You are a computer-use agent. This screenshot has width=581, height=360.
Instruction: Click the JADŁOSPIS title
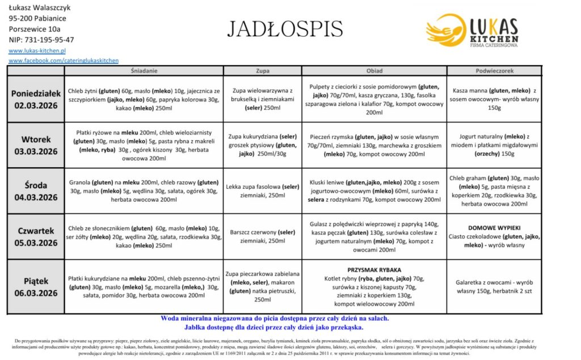285,28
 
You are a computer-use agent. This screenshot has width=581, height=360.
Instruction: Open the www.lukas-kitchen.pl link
37,50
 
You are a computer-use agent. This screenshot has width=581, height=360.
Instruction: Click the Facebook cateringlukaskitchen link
64,60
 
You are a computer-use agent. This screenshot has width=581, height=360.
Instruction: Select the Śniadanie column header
144,71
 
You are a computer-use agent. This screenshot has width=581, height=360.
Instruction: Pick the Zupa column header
263,71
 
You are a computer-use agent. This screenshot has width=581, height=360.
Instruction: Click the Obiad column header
374,71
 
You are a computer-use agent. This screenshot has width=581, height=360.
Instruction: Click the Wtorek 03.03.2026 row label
36,145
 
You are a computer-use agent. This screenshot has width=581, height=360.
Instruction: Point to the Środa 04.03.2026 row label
36,191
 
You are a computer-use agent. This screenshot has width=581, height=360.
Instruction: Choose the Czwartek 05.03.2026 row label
36,236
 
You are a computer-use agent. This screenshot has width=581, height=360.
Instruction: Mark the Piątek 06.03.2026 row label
36,286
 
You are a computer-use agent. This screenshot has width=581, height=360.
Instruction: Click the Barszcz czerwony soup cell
263,236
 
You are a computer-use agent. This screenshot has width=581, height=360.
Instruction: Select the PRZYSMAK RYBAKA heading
374,270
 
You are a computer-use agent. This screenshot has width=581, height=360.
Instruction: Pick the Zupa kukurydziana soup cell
263,145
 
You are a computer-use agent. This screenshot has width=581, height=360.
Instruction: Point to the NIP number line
41,40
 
